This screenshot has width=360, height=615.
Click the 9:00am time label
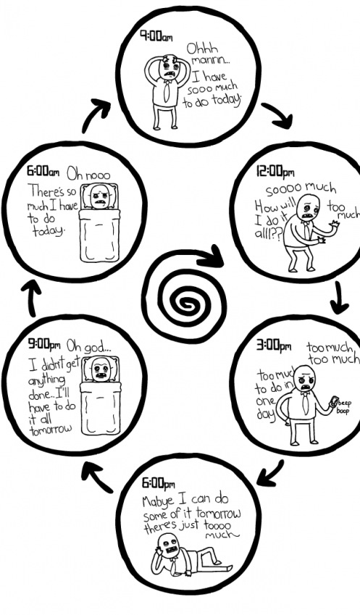pos(156,36)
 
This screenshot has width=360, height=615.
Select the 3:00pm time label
pos(274,345)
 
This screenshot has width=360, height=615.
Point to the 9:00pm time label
pos(44,345)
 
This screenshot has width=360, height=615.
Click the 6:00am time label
pos(43,171)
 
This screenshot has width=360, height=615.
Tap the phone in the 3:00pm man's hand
pos(334,402)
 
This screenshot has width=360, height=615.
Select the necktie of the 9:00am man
pos(168,91)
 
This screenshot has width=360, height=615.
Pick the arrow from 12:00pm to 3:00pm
pos(339,298)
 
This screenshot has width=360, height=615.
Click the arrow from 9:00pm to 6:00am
pos(31,299)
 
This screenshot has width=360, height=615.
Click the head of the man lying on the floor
pos(168,545)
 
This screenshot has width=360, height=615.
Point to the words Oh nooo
pos(88,173)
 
